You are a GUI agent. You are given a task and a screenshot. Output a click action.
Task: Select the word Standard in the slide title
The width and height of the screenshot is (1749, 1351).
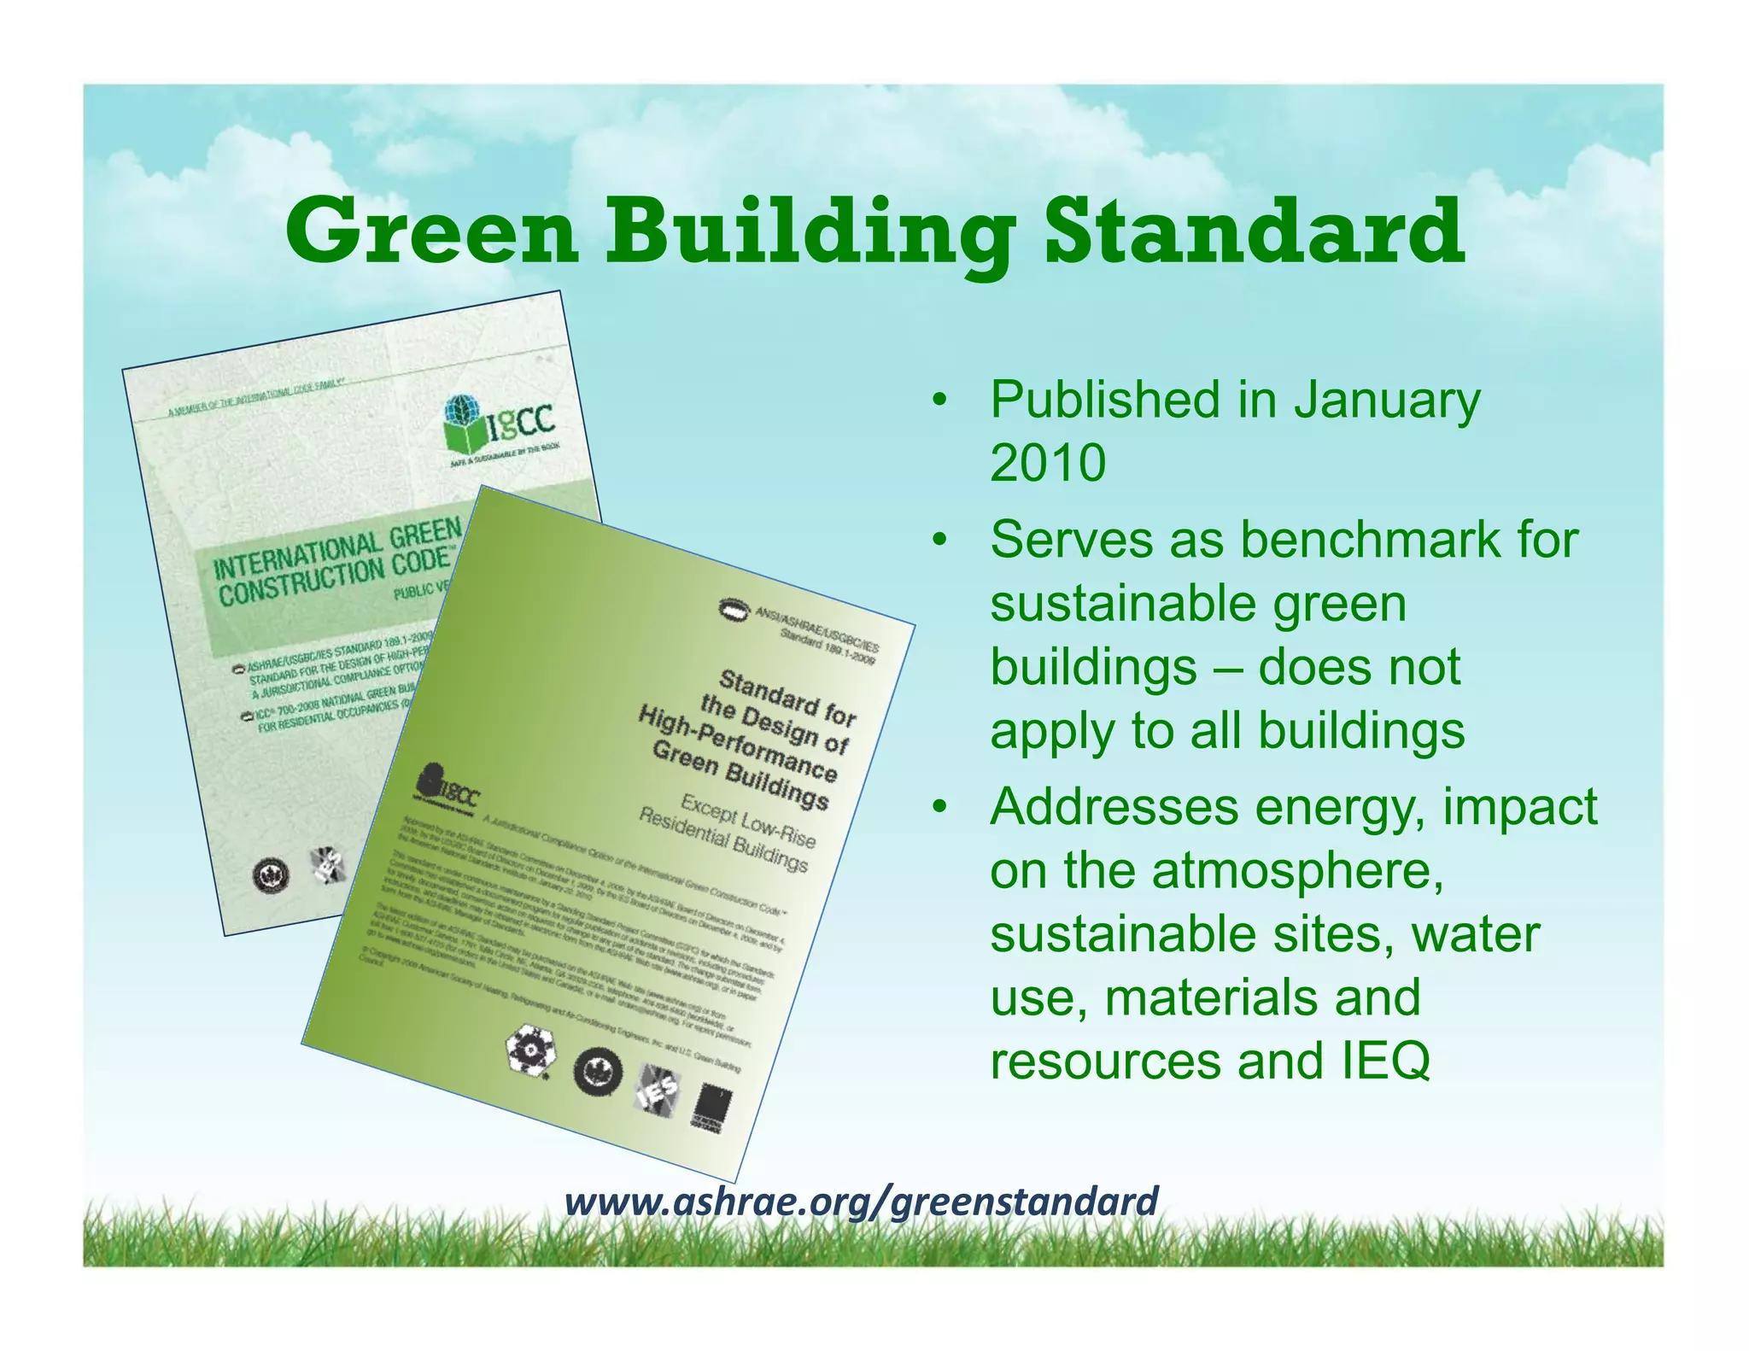click(x=1254, y=232)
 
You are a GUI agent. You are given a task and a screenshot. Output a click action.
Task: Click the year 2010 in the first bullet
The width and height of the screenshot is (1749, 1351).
click(x=1048, y=463)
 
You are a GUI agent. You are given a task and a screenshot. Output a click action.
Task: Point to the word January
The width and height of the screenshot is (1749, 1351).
click(x=1387, y=400)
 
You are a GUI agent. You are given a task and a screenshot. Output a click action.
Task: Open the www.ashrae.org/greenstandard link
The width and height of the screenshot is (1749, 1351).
click(x=861, y=1201)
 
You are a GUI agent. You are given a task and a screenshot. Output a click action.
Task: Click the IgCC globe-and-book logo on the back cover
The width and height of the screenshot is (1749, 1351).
click(x=500, y=422)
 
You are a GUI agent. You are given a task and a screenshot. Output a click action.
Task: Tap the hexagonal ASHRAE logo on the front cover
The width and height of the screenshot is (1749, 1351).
click(x=530, y=1050)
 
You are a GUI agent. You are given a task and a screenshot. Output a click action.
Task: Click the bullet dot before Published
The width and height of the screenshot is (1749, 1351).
click(x=940, y=400)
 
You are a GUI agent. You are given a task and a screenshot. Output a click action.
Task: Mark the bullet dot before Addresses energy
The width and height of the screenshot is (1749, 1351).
click(x=940, y=806)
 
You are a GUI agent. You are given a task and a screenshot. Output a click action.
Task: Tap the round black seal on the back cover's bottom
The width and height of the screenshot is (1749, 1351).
click(x=271, y=875)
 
